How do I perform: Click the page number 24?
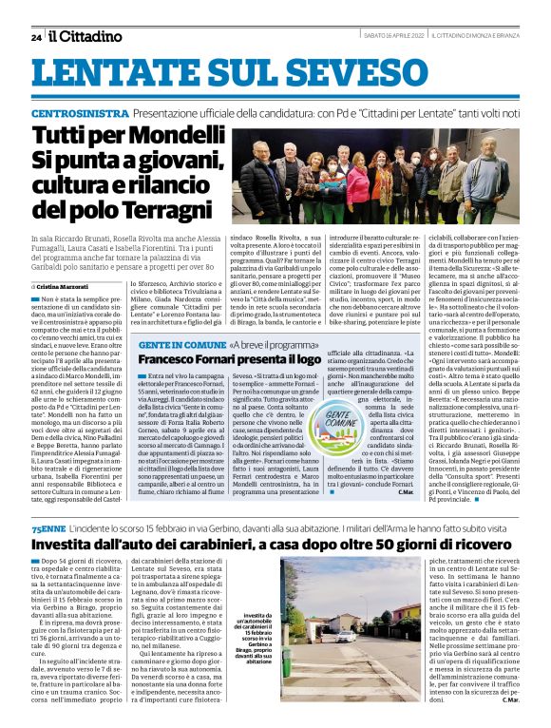point(36,37)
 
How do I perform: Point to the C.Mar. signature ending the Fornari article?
point(406,491)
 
